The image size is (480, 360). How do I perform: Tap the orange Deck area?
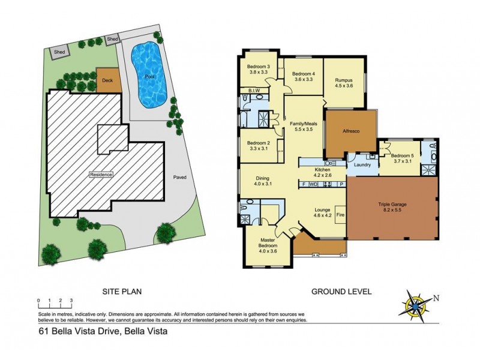(x=107, y=80)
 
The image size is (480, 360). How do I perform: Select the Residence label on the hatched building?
(x=101, y=175)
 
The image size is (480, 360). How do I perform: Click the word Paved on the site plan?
(x=179, y=178)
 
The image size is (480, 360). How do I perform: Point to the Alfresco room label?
(x=350, y=131)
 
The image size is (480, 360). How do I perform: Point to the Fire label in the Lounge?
(x=340, y=214)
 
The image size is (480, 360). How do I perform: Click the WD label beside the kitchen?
(x=313, y=184)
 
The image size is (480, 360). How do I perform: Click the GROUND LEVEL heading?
(x=341, y=292)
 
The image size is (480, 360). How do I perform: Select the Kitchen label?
(x=323, y=170)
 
